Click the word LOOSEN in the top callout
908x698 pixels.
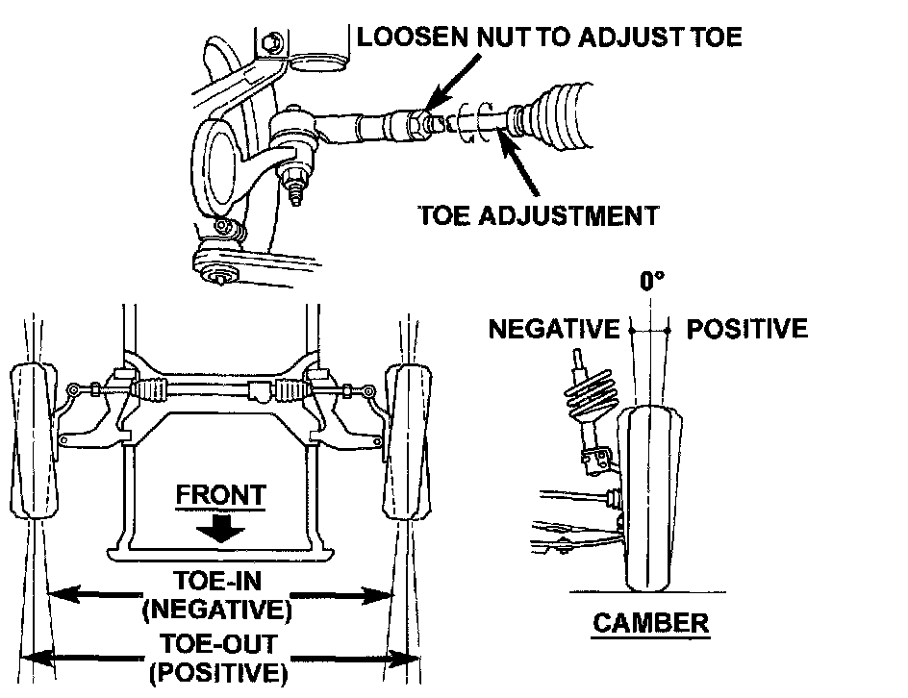click(402, 37)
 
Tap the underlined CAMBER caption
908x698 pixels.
click(650, 622)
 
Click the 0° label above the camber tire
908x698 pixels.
click(653, 281)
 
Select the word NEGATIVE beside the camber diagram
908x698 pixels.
click(553, 329)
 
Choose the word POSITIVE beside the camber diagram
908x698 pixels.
click(746, 329)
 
